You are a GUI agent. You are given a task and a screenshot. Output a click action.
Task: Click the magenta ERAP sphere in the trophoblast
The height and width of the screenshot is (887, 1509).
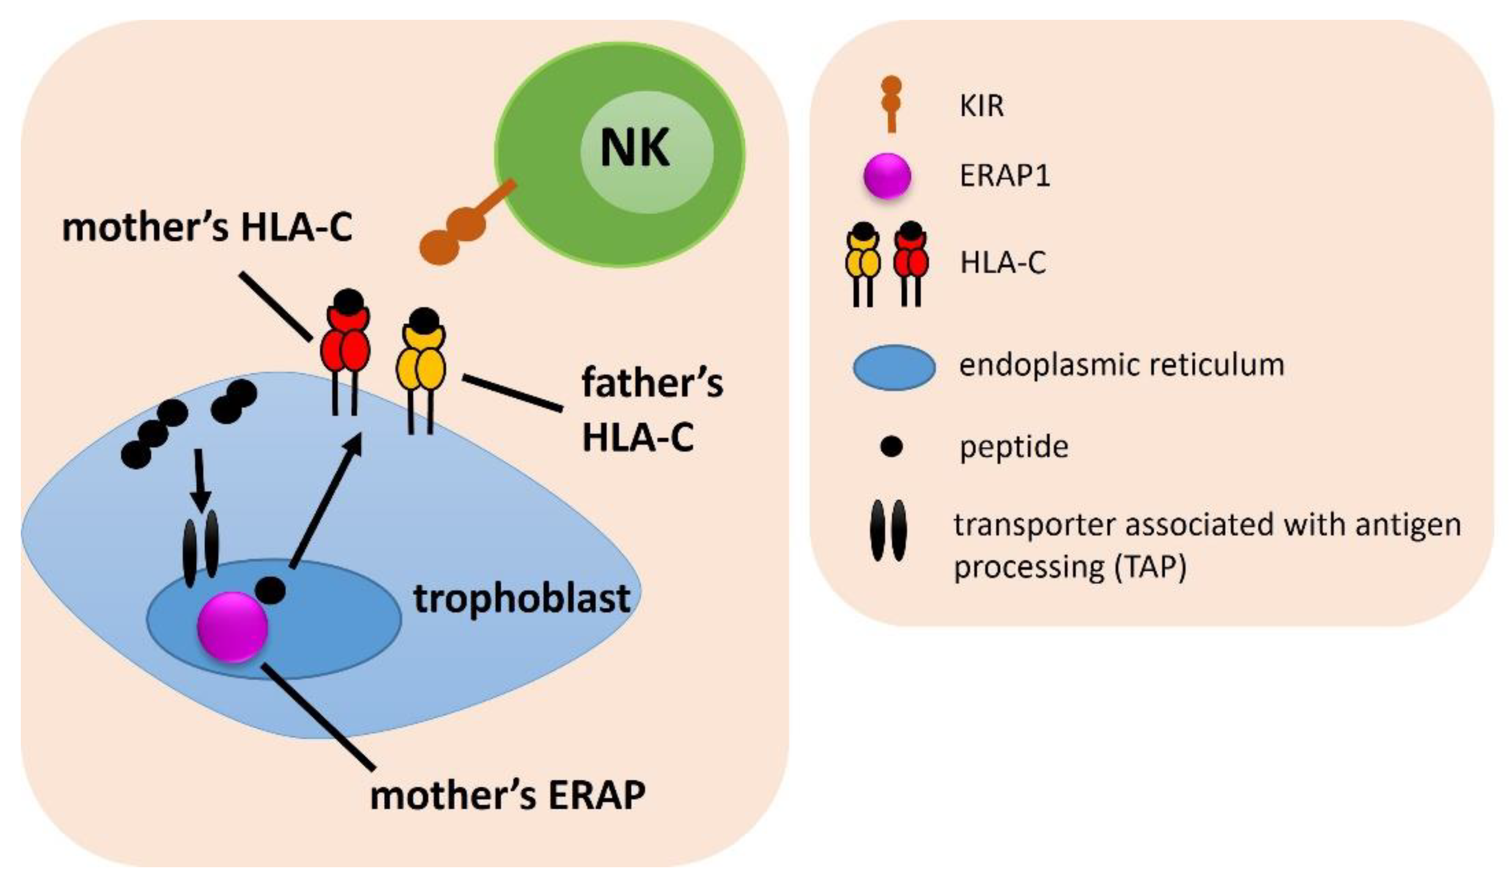pyautogui.click(x=233, y=626)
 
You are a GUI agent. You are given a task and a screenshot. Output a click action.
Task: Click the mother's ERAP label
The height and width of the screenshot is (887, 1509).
pyautogui.click(x=508, y=796)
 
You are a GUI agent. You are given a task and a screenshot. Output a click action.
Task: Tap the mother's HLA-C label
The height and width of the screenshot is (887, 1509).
pyautogui.click(x=207, y=228)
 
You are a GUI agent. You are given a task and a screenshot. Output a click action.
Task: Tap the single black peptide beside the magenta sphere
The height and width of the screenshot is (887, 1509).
pyautogui.click(x=270, y=591)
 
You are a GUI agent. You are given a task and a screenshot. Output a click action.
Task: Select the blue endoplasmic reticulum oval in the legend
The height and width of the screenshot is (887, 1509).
pyautogui.click(x=894, y=367)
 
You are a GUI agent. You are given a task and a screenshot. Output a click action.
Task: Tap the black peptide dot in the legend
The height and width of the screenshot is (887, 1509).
pyautogui.click(x=892, y=447)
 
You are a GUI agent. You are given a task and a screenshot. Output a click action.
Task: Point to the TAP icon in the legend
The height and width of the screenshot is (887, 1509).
pyautogui.click(x=888, y=530)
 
